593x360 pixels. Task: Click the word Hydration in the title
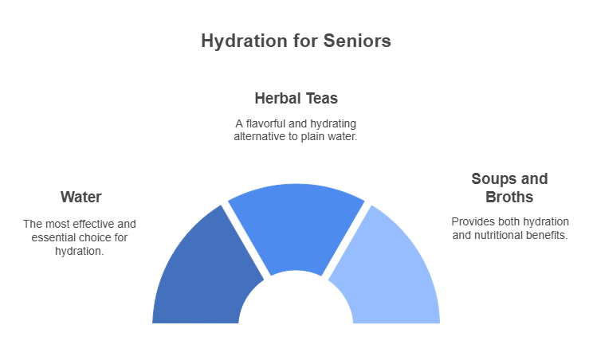244,41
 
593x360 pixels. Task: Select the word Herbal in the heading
277,98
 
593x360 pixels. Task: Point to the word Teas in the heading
322,98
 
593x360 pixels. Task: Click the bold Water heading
81,197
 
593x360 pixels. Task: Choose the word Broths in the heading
509,197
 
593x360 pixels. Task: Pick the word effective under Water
93,224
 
